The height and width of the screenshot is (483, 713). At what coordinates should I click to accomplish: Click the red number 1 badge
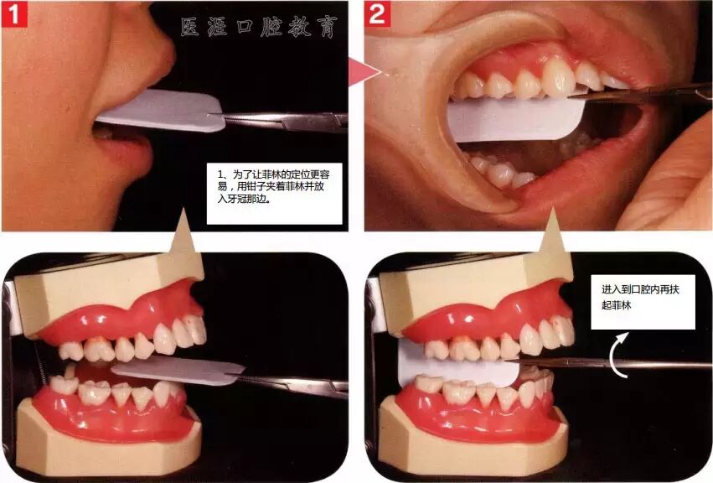(x=14, y=14)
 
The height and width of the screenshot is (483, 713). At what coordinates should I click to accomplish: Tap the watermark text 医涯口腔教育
(x=260, y=27)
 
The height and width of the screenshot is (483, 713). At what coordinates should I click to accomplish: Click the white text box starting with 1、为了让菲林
(x=274, y=194)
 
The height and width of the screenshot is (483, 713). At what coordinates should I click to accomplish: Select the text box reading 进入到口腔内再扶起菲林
(x=643, y=302)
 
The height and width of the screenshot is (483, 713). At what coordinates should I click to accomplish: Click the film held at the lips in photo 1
(x=159, y=111)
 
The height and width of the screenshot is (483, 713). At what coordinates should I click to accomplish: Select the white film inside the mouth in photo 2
(x=514, y=120)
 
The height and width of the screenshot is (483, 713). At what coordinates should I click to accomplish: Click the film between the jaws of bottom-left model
(x=178, y=369)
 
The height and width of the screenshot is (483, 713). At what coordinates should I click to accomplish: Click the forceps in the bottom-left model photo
(x=290, y=385)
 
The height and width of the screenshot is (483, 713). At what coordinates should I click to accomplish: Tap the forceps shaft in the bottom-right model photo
(x=608, y=363)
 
